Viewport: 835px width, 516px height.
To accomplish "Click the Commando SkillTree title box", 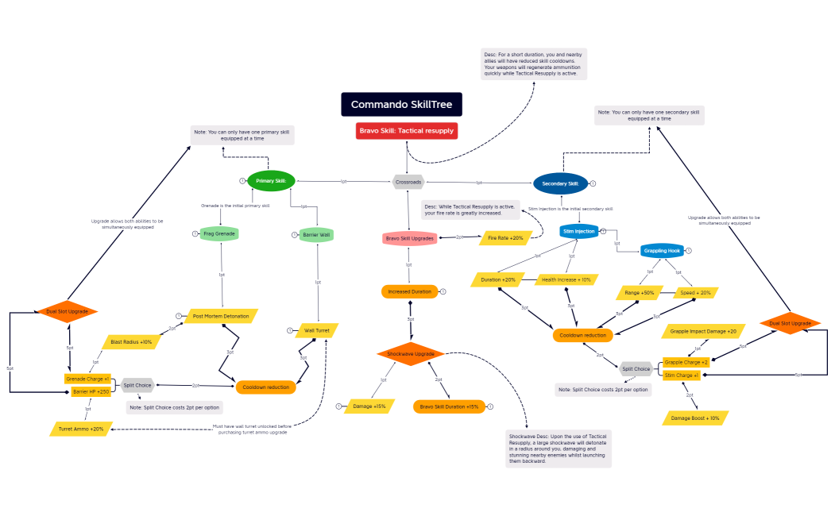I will coord(401,104).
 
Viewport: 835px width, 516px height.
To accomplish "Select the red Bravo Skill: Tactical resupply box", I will coord(407,131).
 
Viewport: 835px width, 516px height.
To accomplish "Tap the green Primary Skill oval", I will coord(271,181).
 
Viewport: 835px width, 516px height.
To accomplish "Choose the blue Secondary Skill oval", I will coord(560,183).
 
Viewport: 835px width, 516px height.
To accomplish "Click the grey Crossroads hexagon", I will coord(408,182).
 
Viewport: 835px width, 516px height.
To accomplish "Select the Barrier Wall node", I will coord(317,234).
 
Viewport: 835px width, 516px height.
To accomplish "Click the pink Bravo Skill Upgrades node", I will coord(410,237).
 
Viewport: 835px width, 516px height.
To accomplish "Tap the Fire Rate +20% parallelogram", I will coord(505,237).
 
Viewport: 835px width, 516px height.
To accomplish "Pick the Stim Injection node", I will coord(578,232).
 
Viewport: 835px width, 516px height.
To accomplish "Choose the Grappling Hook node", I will coord(662,251).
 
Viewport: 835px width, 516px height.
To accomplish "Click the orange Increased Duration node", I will coord(410,291).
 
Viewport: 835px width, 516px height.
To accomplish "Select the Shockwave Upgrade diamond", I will coord(410,353).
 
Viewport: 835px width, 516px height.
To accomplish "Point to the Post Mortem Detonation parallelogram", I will coord(221,316).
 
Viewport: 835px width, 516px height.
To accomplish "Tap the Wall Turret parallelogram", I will coord(317,329).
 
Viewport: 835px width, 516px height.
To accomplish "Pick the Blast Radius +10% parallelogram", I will coord(131,342).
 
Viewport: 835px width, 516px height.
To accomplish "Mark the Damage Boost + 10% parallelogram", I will coord(694,418).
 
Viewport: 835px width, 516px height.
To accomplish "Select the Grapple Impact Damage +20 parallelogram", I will coord(703,331).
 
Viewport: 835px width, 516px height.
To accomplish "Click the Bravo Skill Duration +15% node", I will coord(450,406).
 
